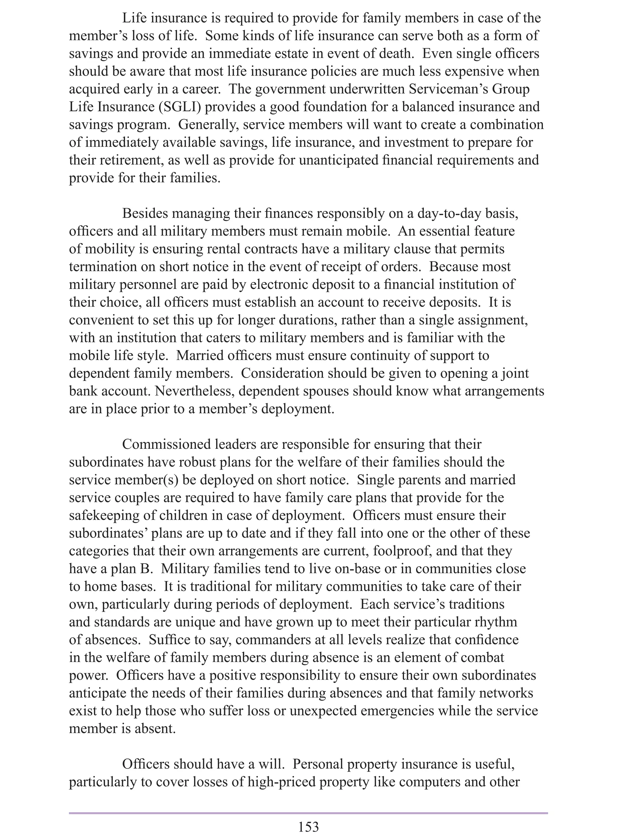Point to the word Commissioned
coord(166,445)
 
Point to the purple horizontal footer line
coord(308,810)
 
